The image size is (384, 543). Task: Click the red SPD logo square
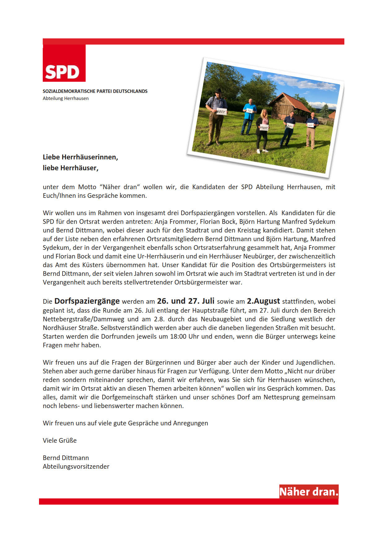tap(64, 63)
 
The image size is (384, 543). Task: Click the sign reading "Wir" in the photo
tap(222, 111)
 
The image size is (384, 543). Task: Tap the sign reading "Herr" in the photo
tap(264, 128)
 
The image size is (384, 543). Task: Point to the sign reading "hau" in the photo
tap(290, 126)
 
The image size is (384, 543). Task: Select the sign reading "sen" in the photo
tap(310, 125)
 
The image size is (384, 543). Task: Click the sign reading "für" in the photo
tap(250, 111)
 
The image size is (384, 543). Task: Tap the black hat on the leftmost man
tap(219, 91)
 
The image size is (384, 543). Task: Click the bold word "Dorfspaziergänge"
tap(87, 301)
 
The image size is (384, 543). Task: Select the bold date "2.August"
tap(263, 301)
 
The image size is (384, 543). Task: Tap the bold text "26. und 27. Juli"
tap(185, 301)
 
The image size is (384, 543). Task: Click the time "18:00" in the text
tap(178, 337)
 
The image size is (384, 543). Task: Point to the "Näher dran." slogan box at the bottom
tap(309, 492)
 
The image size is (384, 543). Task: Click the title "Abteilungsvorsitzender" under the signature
tap(76, 467)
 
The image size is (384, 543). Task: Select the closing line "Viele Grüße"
tap(60, 441)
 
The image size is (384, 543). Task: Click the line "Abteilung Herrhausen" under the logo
tap(66, 98)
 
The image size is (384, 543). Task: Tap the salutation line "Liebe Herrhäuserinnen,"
tap(81, 157)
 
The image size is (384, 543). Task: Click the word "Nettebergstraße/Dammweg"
tap(83, 319)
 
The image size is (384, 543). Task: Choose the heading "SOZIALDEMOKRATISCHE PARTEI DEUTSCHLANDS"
tap(95, 91)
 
